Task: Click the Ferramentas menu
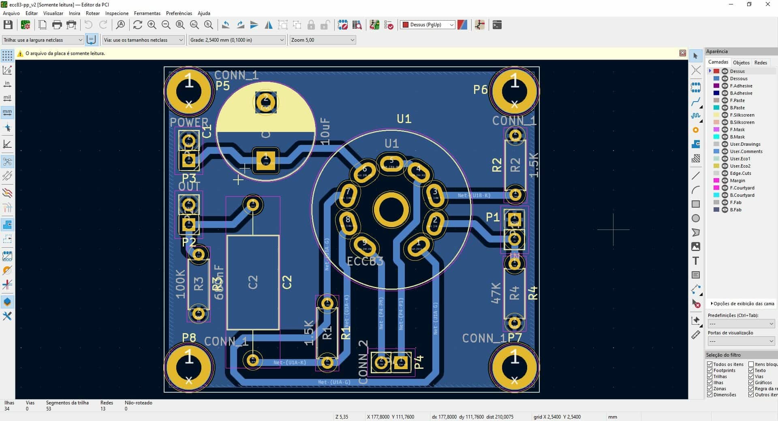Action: [147, 13]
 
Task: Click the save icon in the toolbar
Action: [8, 25]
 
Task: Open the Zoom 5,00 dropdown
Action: [323, 40]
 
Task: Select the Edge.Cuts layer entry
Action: [740, 173]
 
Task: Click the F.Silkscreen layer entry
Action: [742, 115]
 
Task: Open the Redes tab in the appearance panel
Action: [760, 62]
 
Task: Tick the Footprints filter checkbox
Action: [710, 370]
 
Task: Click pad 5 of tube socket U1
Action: [391, 163]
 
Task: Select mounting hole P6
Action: [514, 92]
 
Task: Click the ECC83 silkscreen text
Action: [365, 261]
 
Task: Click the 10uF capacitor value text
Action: [325, 132]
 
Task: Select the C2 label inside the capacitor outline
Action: [253, 282]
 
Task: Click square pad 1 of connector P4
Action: [401, 362]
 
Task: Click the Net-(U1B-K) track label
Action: [474, 196]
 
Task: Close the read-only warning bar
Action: [682, 53]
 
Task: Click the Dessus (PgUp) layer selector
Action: [427, 25]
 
